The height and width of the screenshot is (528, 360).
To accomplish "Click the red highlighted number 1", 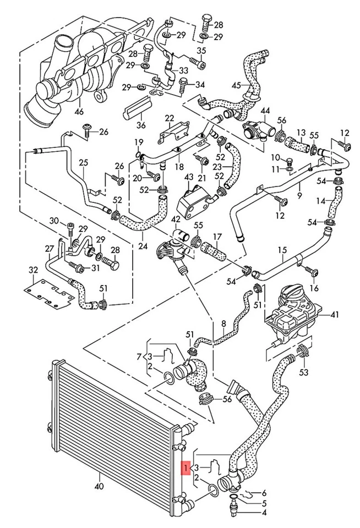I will tap(187, 468).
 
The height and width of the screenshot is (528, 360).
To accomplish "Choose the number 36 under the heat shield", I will tap(141, 124).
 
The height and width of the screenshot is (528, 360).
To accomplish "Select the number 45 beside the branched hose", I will tap(237, 85).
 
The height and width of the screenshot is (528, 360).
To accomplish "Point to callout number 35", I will tap(201, 52).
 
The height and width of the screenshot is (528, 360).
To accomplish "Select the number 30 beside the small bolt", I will tap(54, 221).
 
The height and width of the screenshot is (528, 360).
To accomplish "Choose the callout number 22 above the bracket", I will tap(169, 118).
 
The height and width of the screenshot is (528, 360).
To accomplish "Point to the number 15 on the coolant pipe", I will tap(282, 250).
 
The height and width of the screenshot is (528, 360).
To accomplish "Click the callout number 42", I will tap(175, 219).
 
